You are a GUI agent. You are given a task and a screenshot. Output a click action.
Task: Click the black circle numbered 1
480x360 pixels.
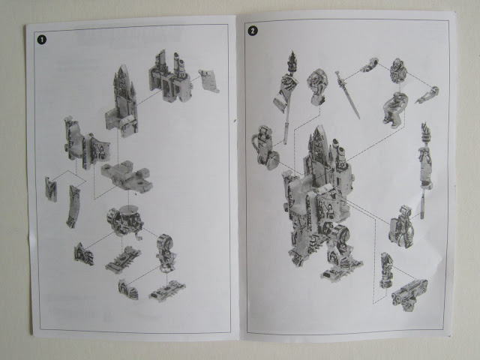(42, 40)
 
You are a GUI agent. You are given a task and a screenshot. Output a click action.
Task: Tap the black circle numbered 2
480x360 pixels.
(253, 30)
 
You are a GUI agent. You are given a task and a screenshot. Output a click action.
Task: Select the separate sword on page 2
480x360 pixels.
(348, 95)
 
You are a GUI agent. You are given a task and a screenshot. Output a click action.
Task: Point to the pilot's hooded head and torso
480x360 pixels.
(398, 70)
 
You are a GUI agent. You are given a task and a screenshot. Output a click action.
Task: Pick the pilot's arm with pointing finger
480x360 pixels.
(427, 95)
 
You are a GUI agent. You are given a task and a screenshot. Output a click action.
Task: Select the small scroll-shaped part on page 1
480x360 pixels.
(209, 81)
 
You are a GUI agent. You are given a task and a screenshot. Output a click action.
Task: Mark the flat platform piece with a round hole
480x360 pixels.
(127, 177)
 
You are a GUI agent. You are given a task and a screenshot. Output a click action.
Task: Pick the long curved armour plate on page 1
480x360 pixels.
(73, 207)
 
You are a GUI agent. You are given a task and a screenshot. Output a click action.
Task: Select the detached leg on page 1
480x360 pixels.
(166, 253)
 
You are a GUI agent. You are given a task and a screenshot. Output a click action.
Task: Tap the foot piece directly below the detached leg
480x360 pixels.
(167, 290)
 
